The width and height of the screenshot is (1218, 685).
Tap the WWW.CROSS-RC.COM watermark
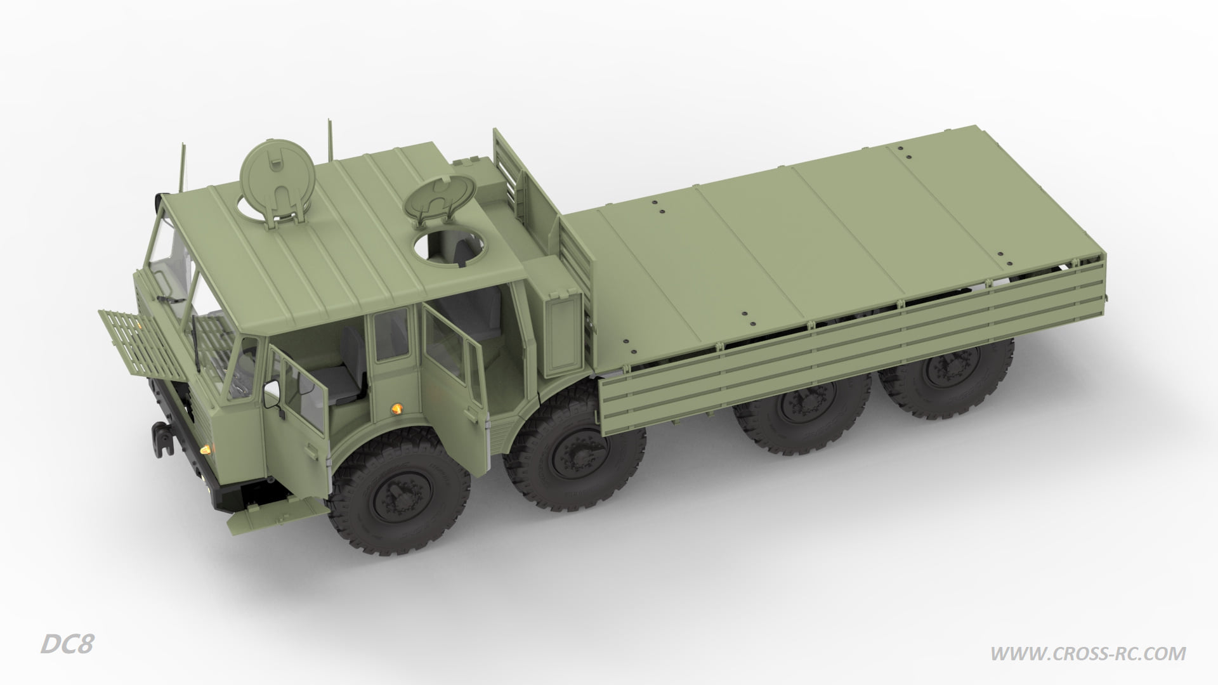pyautogui.click(x=1088, y=653)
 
